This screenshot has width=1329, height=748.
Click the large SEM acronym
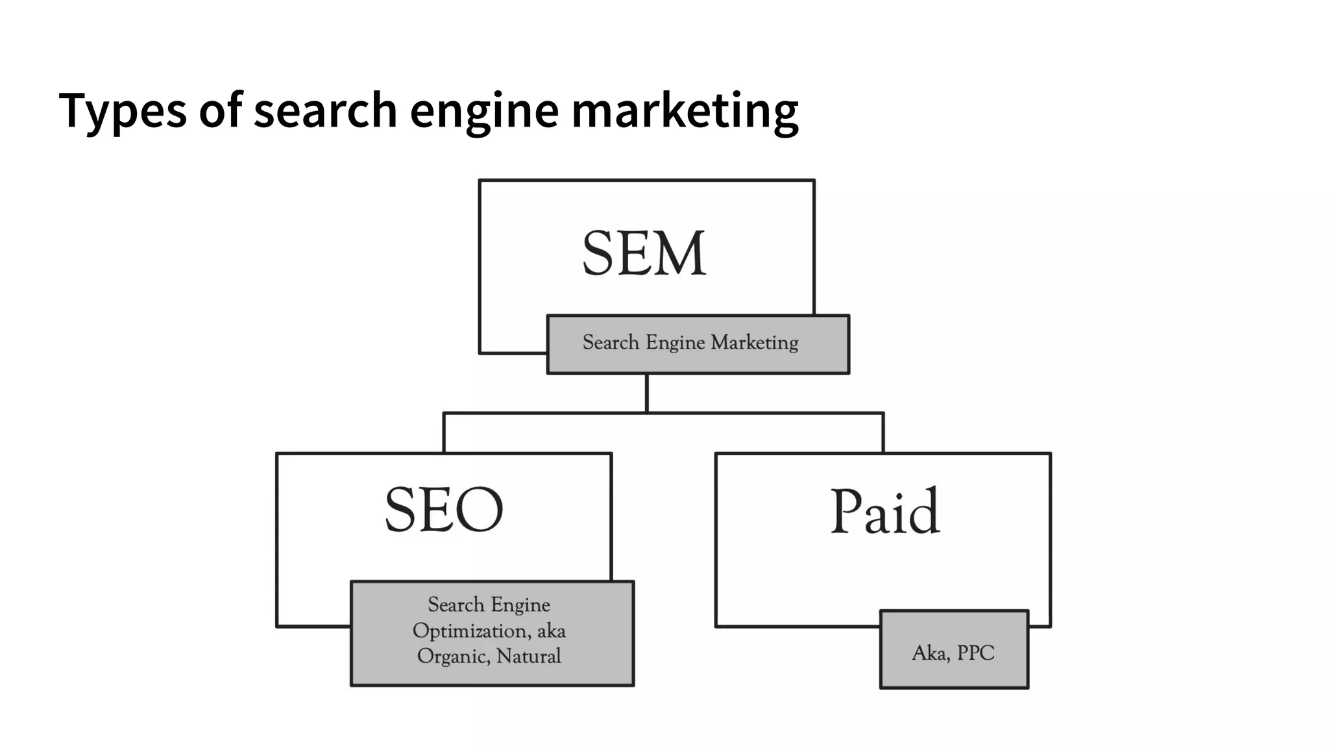coord(644,253)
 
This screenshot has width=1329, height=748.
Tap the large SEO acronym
coord(444,510)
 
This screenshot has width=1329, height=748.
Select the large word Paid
coord(884,511)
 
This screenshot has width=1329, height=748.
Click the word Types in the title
coord(123,110)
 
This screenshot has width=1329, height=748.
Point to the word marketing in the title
coord(685,110)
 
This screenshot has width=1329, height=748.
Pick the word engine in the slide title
coord(484,110)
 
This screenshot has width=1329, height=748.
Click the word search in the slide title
coord(325,110)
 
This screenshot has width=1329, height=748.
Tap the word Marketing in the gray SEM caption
coord(754,342)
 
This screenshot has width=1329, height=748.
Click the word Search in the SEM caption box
coord(611,342)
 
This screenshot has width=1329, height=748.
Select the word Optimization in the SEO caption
coord(470,630)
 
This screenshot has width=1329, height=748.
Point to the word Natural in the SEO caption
coord(528,656)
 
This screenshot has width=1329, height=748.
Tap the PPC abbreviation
coord(975,653)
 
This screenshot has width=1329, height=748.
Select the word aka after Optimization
coord(551,630)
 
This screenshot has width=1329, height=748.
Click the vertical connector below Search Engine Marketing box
coord(647,393)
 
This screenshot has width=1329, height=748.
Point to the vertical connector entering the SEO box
coord(444,432)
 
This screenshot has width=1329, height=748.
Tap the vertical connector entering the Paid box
coord(883,432)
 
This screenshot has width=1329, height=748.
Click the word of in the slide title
coord(221,110)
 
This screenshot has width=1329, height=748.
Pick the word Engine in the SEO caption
coord(520,605)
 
